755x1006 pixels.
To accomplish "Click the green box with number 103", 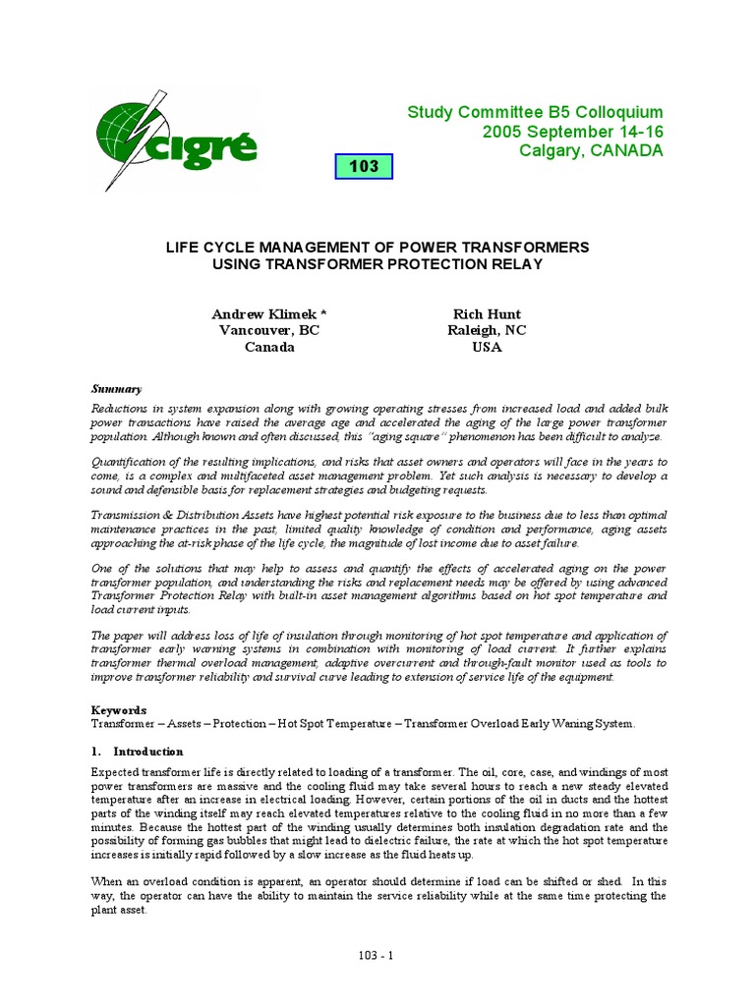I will pyautogui.click(x=363, y=167).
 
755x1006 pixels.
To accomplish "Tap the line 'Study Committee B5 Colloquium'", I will pyautogui.click(x=535, y=113).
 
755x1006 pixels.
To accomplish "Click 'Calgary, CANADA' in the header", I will pyautogui.click(x=591, y=150).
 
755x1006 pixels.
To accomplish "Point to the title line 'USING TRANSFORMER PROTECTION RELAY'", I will pyautogui.click(x=377, y=264).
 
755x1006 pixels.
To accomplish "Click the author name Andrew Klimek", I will pyautogui.click(x=268, y=313).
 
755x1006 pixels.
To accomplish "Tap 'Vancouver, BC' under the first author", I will pyautogui.click(x=268, y=330).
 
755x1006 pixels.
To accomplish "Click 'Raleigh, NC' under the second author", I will pyautogui.click(x=487, y=330).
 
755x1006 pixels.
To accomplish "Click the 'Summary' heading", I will pyautogui.click(x=117, y=388).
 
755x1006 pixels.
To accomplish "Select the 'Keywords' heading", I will pyautogui.click(x=119, y=709).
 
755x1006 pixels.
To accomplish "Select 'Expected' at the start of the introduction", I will pyautogui.click(x=117, y=773).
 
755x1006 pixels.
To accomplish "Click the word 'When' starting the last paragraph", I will pyautogui.click(x=107, y=880).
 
